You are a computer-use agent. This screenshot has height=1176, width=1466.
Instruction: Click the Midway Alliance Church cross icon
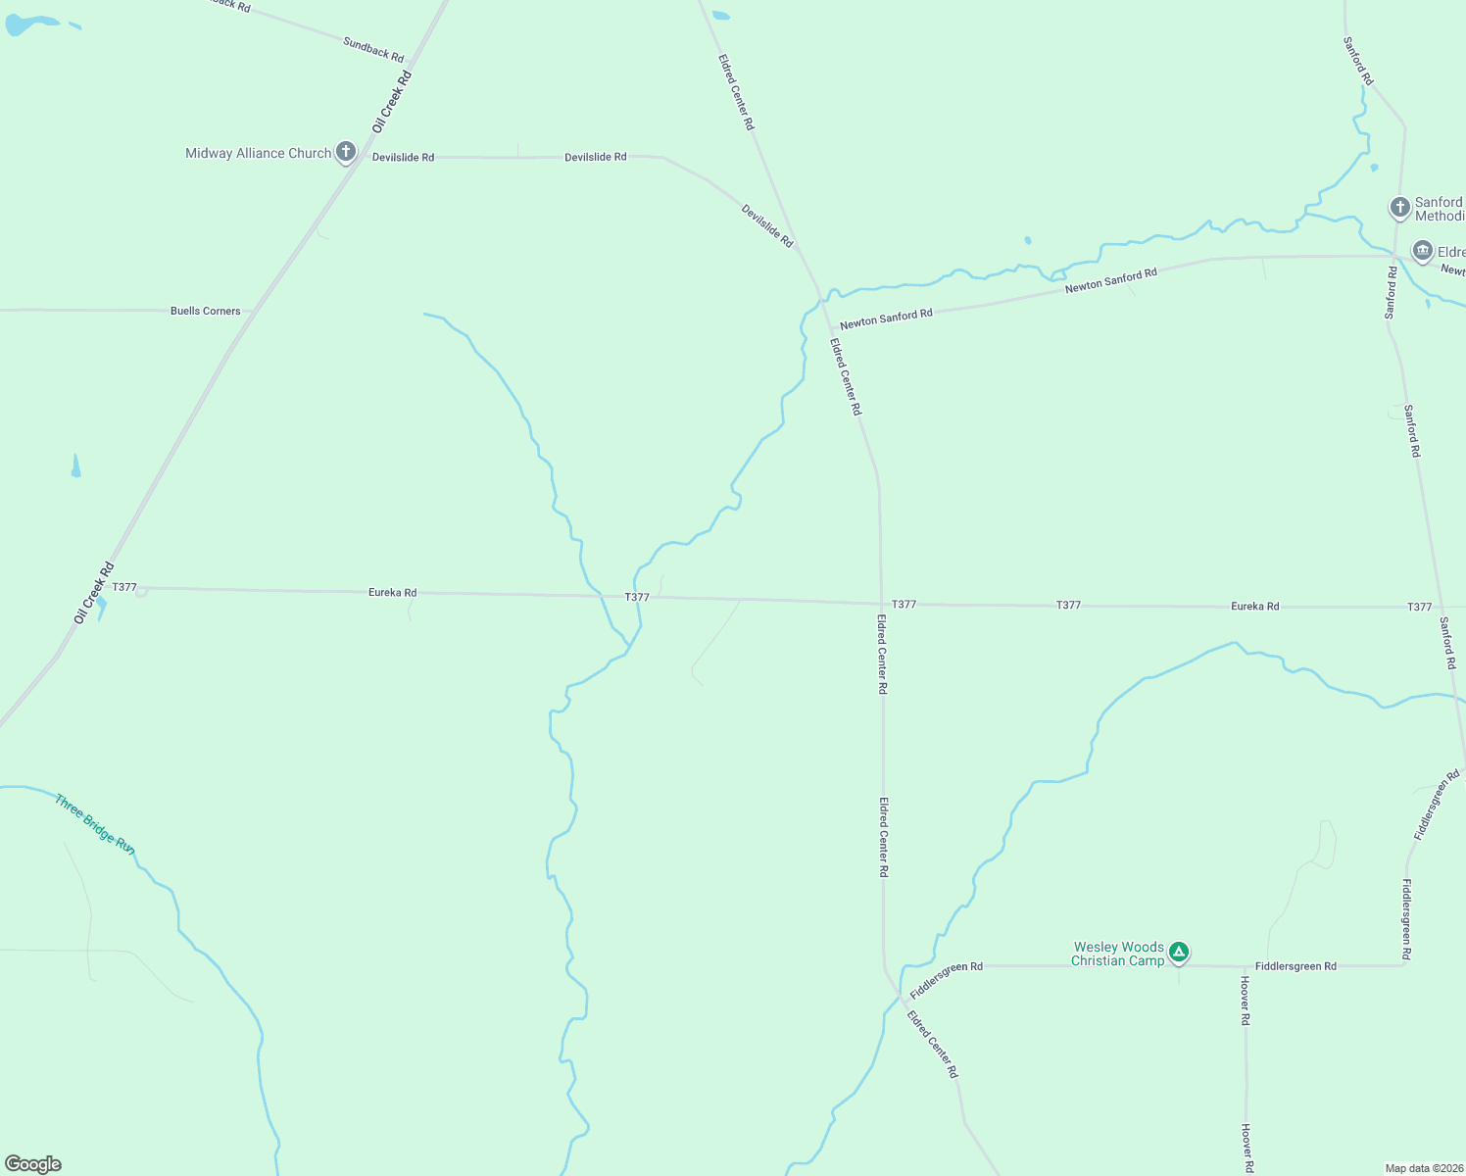(x=345, y=152)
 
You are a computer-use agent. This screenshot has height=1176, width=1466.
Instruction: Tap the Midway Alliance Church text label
(x=258, y=153)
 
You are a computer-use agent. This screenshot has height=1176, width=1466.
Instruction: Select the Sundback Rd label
(x=373, y=49)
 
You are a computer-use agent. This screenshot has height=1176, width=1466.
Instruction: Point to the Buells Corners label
(x=205, y=311)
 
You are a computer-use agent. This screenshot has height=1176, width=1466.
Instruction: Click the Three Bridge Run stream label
(x=94, y=823)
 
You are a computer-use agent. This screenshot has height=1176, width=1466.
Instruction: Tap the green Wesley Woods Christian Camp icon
(x=1179, y=952)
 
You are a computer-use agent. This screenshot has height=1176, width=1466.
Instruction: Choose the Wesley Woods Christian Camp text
(x=1118, y=954)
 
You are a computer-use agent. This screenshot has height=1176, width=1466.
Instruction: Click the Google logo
(x=33, y=1164)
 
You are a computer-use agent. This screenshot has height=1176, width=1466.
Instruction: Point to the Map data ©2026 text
(x=1423, y=1168)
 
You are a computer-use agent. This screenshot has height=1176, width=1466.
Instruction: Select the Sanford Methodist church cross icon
(x=1399, y=208)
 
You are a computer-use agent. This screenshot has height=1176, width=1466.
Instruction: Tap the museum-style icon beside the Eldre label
(x=1422, y=251)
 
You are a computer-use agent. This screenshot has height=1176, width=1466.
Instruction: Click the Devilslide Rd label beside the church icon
(x=403, y=157)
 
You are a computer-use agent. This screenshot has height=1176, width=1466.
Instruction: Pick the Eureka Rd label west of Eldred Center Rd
(x=392, y=592)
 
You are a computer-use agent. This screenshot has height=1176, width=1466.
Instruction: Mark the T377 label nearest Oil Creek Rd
(x=124, y=587)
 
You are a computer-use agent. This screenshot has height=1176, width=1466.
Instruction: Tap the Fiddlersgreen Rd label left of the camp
(x=946, y=979)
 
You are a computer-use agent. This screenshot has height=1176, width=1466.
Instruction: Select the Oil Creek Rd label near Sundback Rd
(x=392, y=101)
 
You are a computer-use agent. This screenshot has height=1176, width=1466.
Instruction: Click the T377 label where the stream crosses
(x=637, y=597)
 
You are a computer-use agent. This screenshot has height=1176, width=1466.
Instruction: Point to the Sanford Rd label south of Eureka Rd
(x=1447, y=643)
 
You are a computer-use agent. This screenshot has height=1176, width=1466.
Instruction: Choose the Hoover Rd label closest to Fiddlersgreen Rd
(x=1245, y=1001)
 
